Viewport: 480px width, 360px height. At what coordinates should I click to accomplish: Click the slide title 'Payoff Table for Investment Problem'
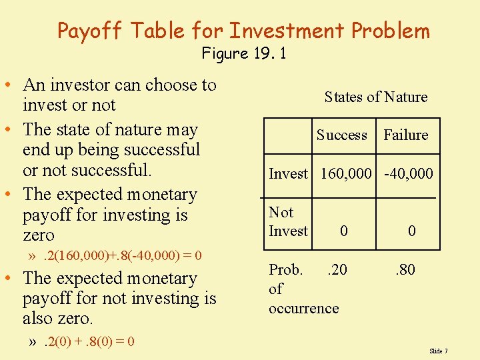pyautogui.click(x=243, y=31)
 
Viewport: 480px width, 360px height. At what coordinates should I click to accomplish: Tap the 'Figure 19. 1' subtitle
pyautogui.click(x=244, y=53)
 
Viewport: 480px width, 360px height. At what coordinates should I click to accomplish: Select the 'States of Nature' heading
pyautogui.click(x=375, y=97)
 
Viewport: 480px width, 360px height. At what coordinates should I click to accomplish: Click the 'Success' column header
pyautogui.click(x=341, y=135)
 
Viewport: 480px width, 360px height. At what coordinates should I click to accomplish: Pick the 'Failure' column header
pyautogui.click(x=405, y=135)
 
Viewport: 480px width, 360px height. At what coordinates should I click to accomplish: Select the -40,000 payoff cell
pyautogui.click(x=408, y=174)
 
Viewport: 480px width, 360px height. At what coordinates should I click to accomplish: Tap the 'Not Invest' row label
pyautogui.click(x=288, y=221)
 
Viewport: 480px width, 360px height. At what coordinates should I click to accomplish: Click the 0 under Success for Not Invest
pyautogui.click(x=343, y=231)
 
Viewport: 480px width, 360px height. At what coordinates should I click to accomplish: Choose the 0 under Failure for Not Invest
pyautogui.click(x=412, y=231)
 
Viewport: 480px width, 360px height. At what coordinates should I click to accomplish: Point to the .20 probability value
pyautogui.click(x=336, y=270)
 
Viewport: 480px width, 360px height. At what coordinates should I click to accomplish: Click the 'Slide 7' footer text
pyautogui.click(x=439, y=351)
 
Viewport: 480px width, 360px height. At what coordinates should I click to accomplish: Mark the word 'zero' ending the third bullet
pyautogui.click(x=39, y=235)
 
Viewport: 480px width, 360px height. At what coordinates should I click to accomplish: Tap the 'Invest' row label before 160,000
pyautogui.click(x=288, y=174)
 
